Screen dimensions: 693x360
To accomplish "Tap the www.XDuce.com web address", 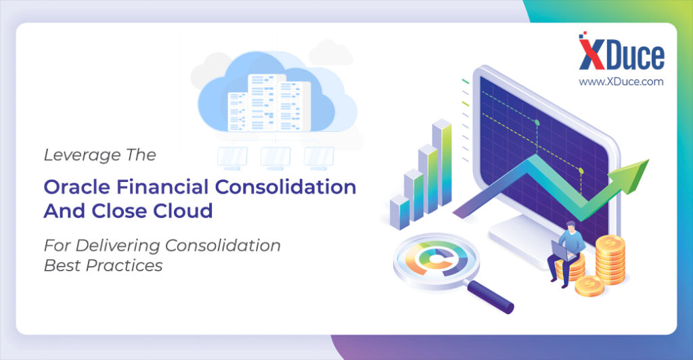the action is point(621,82).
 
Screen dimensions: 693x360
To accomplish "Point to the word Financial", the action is point(162,187).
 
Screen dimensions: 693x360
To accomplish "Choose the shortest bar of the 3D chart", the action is point(399,212).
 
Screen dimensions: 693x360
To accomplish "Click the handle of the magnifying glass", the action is point(490,297).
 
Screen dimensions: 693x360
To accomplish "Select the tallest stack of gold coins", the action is point(610,260).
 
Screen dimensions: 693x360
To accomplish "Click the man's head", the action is point(571,227).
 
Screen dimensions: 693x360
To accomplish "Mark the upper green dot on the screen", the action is point(537,122).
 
